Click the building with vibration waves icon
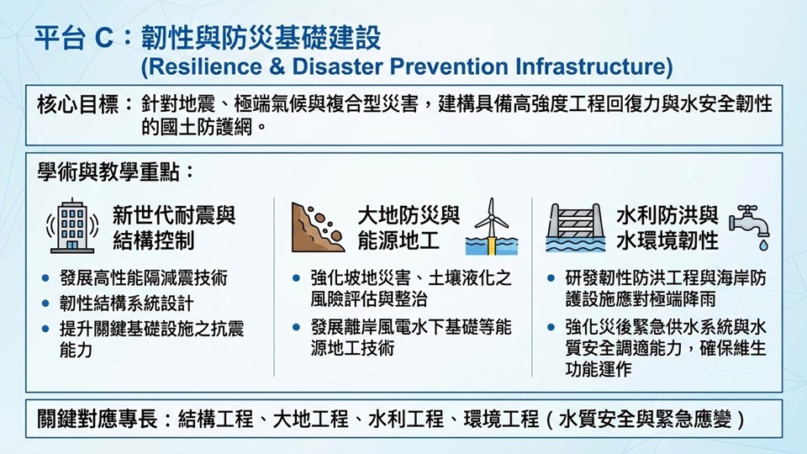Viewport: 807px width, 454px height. click(x=72, y=226)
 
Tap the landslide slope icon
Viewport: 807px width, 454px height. click(x=318, y=227)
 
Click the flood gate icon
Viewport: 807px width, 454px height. click(x=576, y=228)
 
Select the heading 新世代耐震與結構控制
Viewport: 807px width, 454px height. click(x=174, y=228)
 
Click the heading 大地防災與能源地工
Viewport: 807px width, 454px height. click(x=409, y=228)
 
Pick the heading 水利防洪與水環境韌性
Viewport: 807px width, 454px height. click(x=667, y=228)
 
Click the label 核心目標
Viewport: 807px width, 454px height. click(x=77, y=104)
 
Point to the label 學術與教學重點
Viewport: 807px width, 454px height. click(x=108, y=172)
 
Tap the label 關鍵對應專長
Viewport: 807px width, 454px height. click(x=98, y=419)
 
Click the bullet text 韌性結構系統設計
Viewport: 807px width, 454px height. click(x=127, y=304)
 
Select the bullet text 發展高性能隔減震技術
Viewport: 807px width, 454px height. click(x=144, y=278)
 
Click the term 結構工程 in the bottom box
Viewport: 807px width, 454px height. click(x=216, y=419)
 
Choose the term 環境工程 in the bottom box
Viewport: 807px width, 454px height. click(x=501, y=419)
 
